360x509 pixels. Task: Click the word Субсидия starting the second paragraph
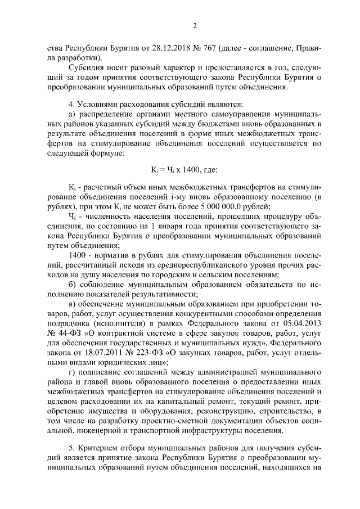83,68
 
